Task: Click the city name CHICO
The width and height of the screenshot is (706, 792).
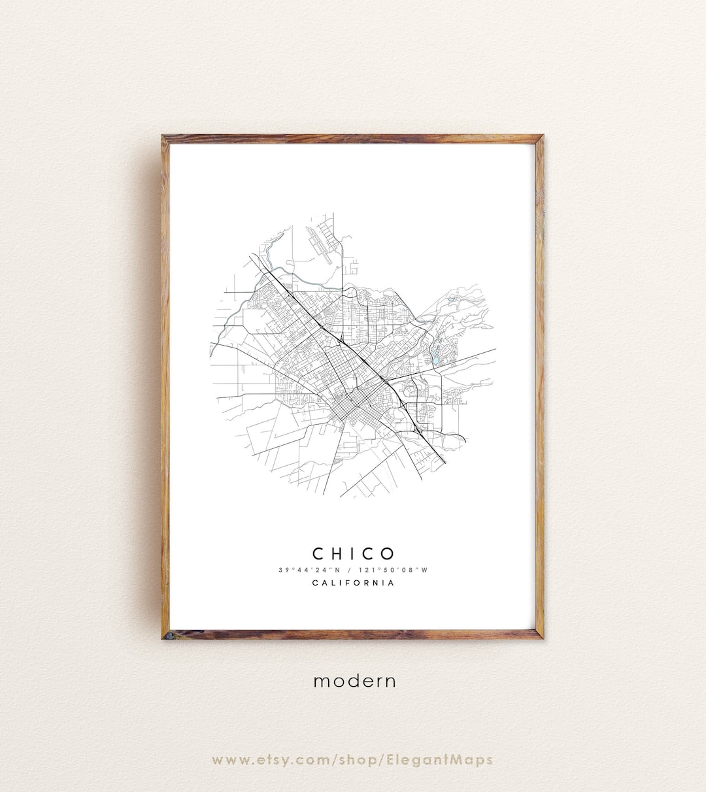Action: (x=354, y=554)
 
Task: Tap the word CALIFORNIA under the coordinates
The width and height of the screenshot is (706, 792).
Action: (x=354, y=583)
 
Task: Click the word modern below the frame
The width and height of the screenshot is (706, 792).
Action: (x=354, y=681)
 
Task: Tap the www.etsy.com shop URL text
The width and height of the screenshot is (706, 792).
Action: (x=353, y=759)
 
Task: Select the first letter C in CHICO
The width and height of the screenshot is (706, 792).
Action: (x=318, y=554)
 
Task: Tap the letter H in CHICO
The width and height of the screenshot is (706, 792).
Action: (x=337, y=554)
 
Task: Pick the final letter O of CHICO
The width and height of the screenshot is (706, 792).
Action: (x=388, y=554)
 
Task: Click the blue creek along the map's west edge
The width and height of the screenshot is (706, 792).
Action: (x=229, y=320)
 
